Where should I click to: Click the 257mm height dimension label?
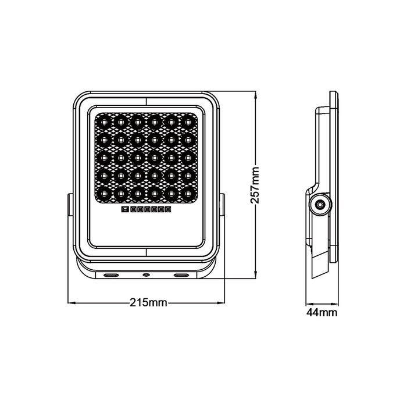255,185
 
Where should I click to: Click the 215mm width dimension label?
148,302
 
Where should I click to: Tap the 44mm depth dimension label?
322,313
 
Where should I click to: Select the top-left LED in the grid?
103,122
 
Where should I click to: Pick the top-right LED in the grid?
188,122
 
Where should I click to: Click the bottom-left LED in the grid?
103,194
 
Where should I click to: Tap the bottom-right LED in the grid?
188,194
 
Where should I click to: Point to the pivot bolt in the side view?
320,205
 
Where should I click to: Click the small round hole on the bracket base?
147,275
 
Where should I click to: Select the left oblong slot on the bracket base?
111,275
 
